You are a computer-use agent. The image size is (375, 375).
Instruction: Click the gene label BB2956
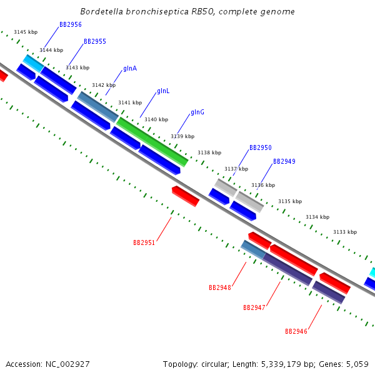click(71, 24)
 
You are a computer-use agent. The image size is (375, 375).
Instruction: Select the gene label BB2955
click(95, 41)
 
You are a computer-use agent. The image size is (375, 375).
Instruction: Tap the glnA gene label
click(130, 68)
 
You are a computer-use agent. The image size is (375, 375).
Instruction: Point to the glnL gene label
click(163, 91)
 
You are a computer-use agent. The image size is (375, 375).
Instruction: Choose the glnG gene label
click(197, 112)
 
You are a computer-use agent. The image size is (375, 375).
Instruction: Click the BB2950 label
click(261, 147)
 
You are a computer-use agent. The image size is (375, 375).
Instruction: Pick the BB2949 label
click(284, 161)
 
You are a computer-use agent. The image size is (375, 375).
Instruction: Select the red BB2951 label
click(144, 242)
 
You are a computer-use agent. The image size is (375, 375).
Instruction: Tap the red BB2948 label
click(220, 287)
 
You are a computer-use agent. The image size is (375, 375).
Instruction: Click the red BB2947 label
click(254, 307)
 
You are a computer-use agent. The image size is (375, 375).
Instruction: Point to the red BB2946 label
click(296, 331)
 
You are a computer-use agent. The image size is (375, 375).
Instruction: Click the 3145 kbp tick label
click(26, 32)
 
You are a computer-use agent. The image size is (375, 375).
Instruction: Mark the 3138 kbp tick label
click(209, 152)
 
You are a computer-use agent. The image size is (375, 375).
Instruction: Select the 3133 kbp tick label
click(345, 232)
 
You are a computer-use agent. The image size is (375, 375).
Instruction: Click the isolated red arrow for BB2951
click(186, 196)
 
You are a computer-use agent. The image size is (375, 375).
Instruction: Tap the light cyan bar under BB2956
click(34, 63)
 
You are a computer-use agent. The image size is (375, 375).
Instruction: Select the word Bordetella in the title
click(102, 11)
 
